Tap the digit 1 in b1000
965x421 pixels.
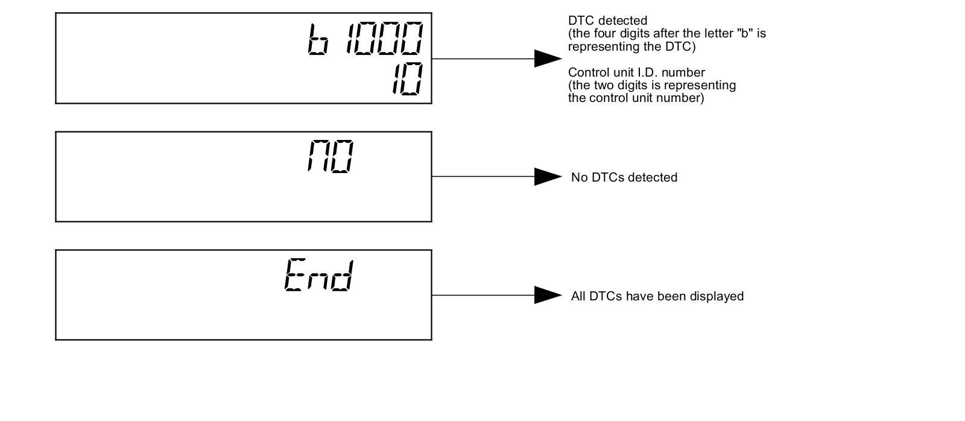[x=350, y=40]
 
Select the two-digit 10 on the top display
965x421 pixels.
[x=407, y=80]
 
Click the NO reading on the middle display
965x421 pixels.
[x=330, y=157]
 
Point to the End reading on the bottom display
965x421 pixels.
[x=318, y=276]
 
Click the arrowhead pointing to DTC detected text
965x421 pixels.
[x=548, y=59]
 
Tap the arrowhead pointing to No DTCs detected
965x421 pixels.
[x=548, y=177]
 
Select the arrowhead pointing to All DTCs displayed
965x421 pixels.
[x=548, y=295]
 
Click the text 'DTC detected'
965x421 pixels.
[x=607, y=21]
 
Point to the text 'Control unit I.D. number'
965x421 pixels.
[x=636, y=72]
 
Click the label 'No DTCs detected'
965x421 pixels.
[x=624, y=177]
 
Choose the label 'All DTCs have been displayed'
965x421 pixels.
[x=657, y=296]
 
